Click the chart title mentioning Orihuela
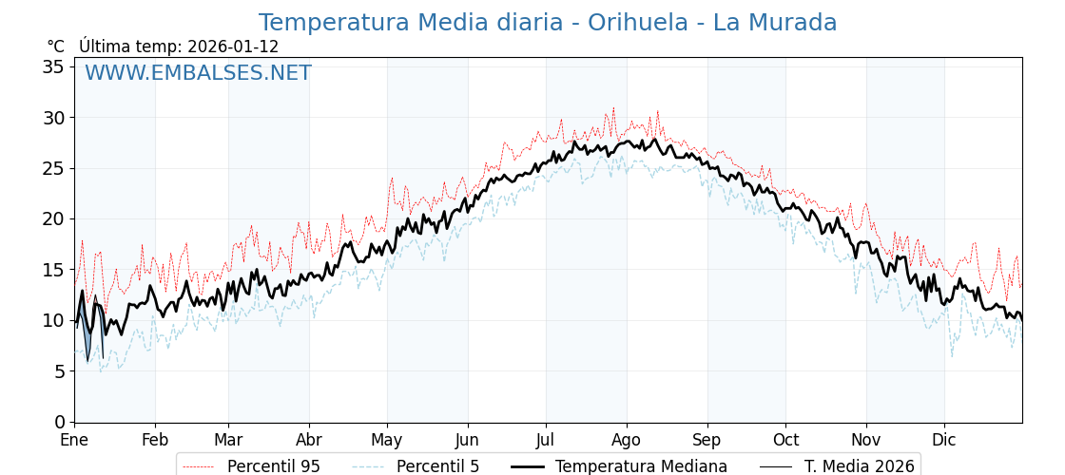[x=548, y=23]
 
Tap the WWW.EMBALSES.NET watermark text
[x=198, y=73]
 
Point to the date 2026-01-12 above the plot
[x=233, y=47]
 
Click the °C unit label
[x=56, y=47]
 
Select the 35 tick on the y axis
[x=53, y=67]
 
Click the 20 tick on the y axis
[x=53, y=219]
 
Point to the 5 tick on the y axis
[x=59, y=371]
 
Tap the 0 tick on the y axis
[x=59, y=422]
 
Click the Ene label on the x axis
[x=74, y=441]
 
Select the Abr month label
[x=309, y=441]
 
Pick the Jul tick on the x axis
[x=546, y=441]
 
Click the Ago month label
[x=627, y=441]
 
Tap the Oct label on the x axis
[x=785, y=441]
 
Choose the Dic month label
[x=944, y=441]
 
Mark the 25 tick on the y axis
[x=53, y=168]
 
